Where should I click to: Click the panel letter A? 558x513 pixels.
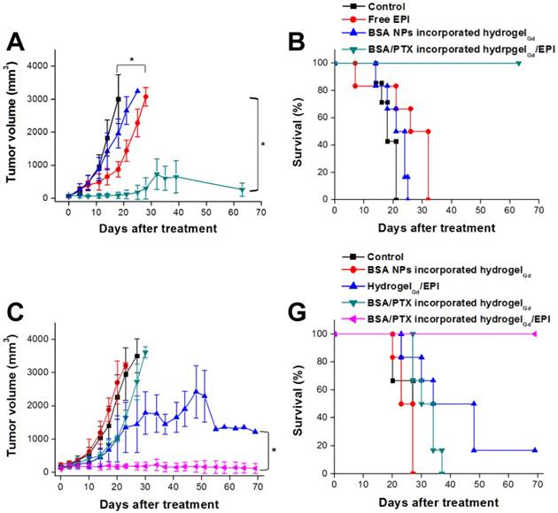(15, 42)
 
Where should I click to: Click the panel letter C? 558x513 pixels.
(14, 312)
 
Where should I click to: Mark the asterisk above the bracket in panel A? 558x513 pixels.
(131, 60)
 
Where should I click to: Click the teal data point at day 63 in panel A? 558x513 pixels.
(242, 189)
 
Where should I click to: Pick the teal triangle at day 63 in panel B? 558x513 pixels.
(519, 63)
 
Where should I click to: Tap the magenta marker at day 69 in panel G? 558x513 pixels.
(534, 333)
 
